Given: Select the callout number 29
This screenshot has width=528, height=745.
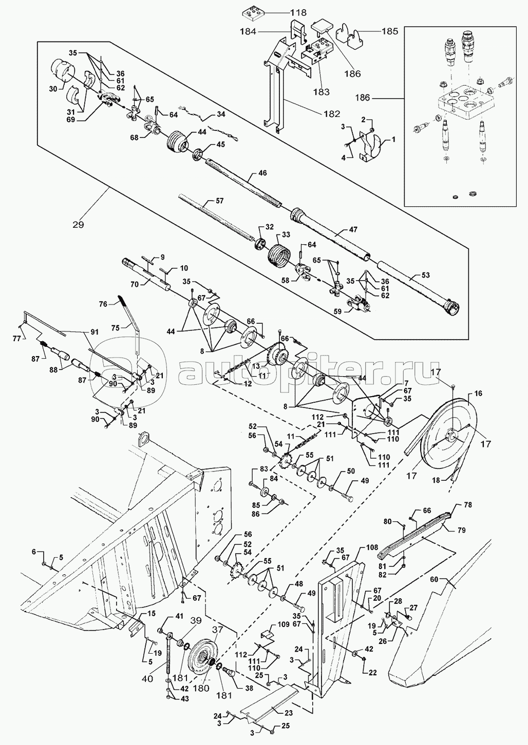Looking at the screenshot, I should pyautogui.click(x=79, y=224).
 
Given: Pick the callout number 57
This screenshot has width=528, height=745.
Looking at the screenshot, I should pyautogui.click(x=219, y=201).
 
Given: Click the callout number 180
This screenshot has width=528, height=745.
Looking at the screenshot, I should pyautogui.click(x=204, y=689).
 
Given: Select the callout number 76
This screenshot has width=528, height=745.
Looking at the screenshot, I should pyautogui.click(x=102, y=304).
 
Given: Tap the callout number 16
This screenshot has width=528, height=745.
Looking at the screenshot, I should pyautogui.click(x=478, y=394).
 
